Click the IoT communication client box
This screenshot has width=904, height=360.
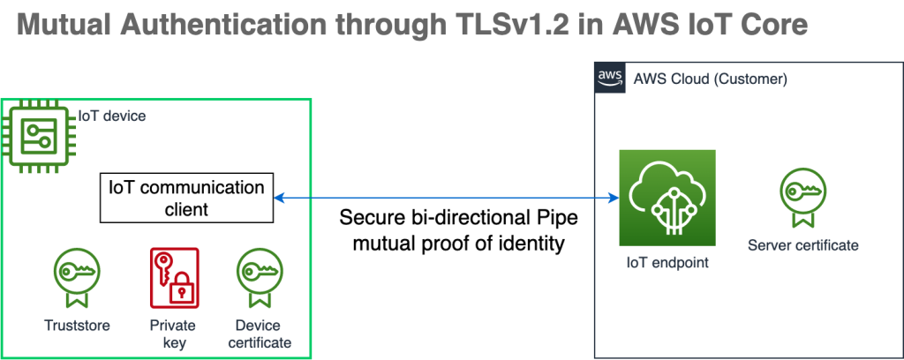185,199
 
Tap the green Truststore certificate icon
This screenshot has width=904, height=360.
77,274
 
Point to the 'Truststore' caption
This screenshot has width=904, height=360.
77,326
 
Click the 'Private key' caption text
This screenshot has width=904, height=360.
174,334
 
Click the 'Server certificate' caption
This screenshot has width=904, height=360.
802,244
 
